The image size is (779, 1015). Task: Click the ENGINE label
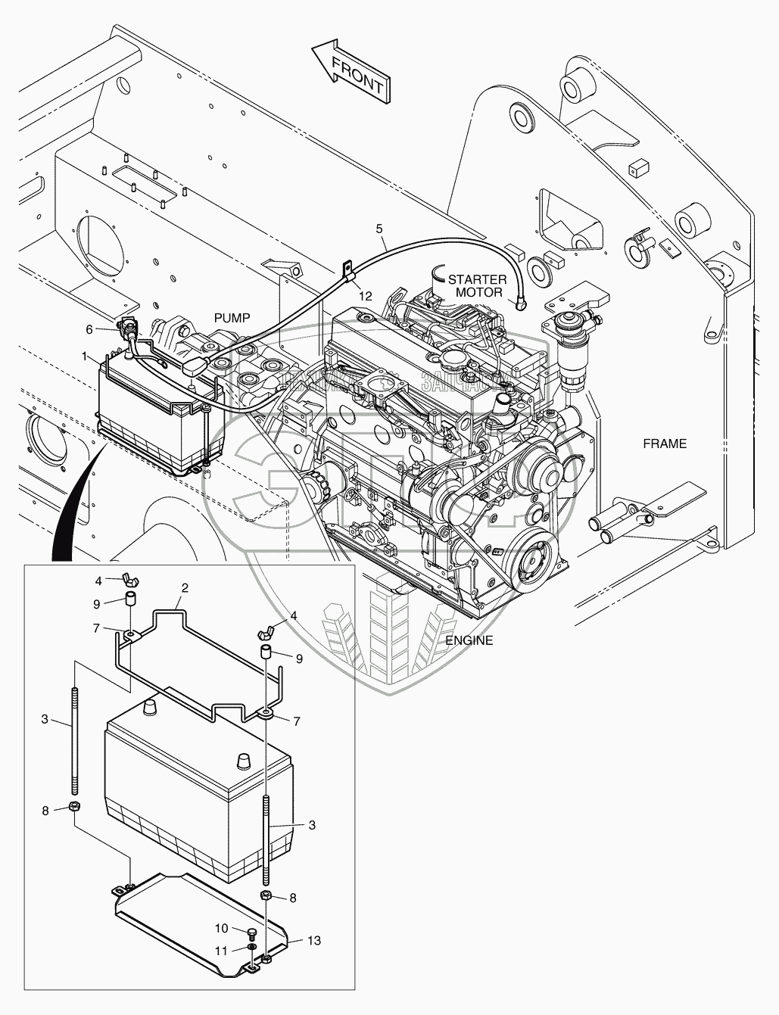coord(469,640)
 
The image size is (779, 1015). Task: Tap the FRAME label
coord(664,444)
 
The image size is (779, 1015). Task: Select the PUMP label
coord(232,318)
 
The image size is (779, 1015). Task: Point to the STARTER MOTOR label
coord(476,285)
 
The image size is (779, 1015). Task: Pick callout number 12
coord(366,296)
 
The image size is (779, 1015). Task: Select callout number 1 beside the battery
coord(85,354)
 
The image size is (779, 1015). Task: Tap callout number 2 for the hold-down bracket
coord(183,587)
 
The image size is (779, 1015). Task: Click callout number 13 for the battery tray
coord(314,941)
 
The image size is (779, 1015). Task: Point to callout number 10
coord(222,927)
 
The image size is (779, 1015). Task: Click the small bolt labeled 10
coord(251,931)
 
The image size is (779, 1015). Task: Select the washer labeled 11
coord(251,946)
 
